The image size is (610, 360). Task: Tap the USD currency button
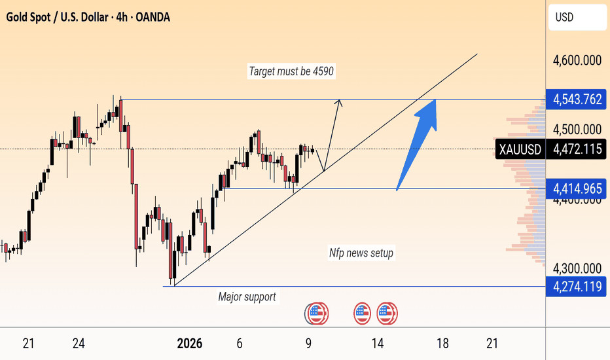(x=565, y=18)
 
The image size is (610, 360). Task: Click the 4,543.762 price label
(x=577, y=99)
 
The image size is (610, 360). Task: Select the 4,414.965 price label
(x=577, y=189)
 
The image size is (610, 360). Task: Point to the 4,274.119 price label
(x=577, y=286)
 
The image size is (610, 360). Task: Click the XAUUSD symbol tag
(x=520, y=149)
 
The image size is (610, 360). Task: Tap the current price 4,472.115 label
(x=577, y=149)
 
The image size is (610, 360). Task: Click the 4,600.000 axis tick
(x=577, y=61)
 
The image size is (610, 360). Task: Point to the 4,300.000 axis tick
(x=577, y=268)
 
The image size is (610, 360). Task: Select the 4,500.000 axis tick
(x=577, y=130)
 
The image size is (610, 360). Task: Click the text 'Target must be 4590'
(x=292, y=72)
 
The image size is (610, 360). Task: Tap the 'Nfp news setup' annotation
(x=361, y=253)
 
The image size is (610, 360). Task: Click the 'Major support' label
(x=247, y=297)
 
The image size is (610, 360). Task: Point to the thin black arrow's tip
(x=339, y=100)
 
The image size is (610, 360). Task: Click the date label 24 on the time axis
(x=79, y=344)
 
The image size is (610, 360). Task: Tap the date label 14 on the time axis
(x=377, y=344)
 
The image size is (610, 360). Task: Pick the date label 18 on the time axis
(x=442, y=344)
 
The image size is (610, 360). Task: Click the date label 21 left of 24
(x=28, y=344)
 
